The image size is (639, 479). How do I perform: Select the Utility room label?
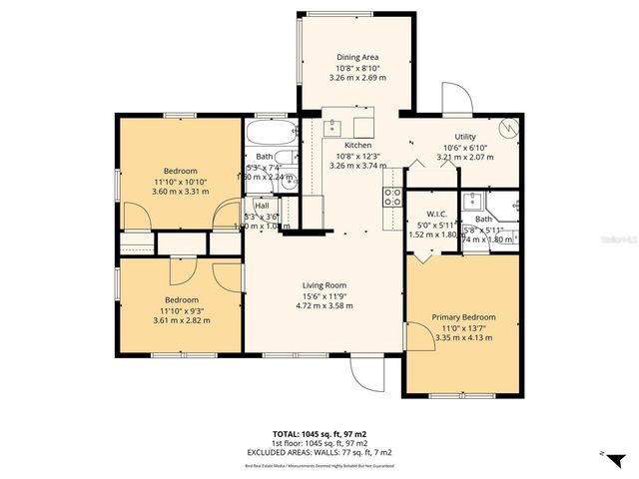coord(465,137)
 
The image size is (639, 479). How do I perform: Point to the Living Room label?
coord(323,285)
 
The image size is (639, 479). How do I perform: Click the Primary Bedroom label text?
coord(463,317)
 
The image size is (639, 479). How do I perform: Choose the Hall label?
coord(262,206)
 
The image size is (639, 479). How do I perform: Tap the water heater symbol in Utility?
coord(508,130)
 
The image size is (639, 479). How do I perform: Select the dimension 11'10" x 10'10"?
coord(181,182)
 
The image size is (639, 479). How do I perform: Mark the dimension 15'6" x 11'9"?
coord(323,295)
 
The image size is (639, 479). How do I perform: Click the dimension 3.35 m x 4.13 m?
coord(463,337)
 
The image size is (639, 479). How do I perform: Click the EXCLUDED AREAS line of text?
coord(319,452)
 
